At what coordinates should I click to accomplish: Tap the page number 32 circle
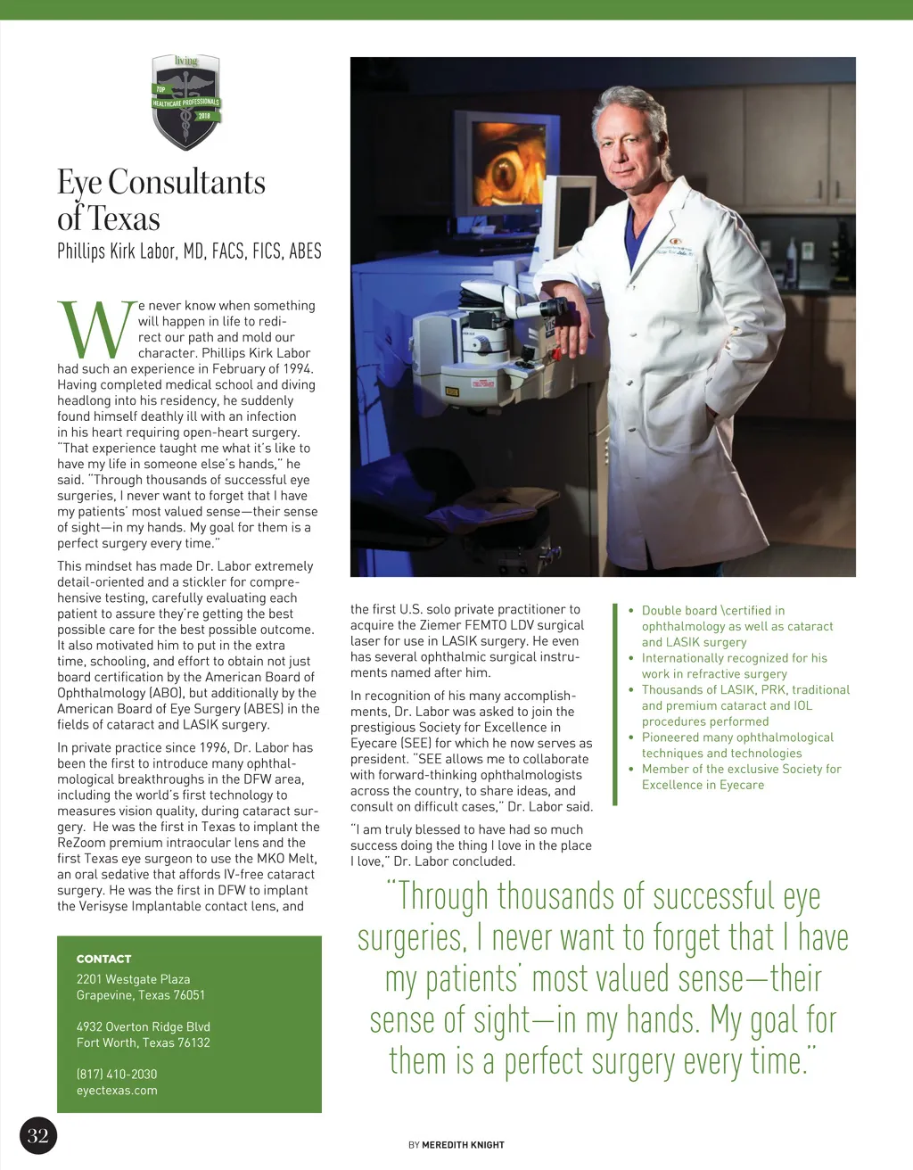37,1135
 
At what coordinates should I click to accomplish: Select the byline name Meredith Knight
463,1144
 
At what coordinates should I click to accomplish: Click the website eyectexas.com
117,1090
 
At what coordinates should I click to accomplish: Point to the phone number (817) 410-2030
117,1074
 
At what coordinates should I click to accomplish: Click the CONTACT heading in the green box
103,959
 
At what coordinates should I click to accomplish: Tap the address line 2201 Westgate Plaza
133,979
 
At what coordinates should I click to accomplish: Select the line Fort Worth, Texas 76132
143,1042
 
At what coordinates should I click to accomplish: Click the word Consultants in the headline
186,182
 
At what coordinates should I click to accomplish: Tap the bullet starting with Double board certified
713,611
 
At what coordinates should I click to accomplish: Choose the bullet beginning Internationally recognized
734,658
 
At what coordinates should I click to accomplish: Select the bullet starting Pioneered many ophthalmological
737,737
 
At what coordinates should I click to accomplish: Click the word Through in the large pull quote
443,896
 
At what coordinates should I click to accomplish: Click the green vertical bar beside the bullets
614,704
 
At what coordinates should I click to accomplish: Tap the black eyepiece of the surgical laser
554,308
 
